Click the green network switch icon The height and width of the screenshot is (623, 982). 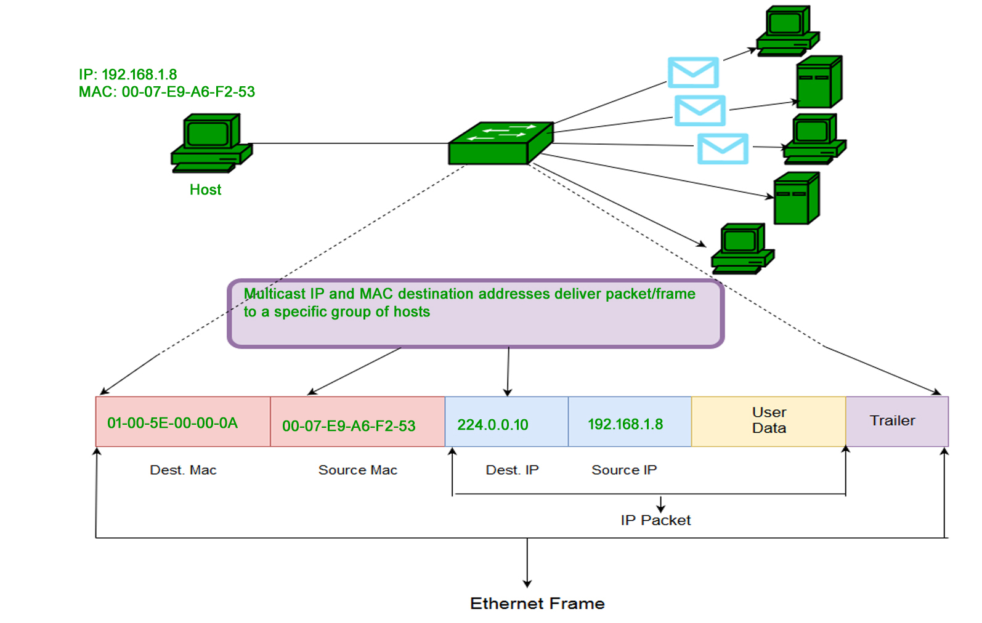(x=500, y=143)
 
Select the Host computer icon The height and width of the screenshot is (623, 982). (x=211, y=143)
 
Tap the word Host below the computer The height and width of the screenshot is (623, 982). (x=205, y=190)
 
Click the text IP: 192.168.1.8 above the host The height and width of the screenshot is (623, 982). (x=128, y=74)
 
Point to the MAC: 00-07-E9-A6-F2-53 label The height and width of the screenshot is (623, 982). (x=166, y=92)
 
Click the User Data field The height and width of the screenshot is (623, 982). (x=769, y=420)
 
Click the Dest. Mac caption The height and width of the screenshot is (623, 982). (x=183, y=470)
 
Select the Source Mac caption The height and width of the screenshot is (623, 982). (x=357, y=470)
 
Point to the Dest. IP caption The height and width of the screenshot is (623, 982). (x=512, y=470)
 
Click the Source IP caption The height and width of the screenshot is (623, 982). (x=624, y=470)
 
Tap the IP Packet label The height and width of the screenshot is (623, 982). (x=655, y=520)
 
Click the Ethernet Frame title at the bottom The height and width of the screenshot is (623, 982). (x=537, y=603)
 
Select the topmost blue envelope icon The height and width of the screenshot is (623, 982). (x=693, y=72)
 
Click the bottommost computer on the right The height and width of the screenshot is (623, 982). (x=742, y=249)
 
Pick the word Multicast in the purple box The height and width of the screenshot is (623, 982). (x=274, y=294)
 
